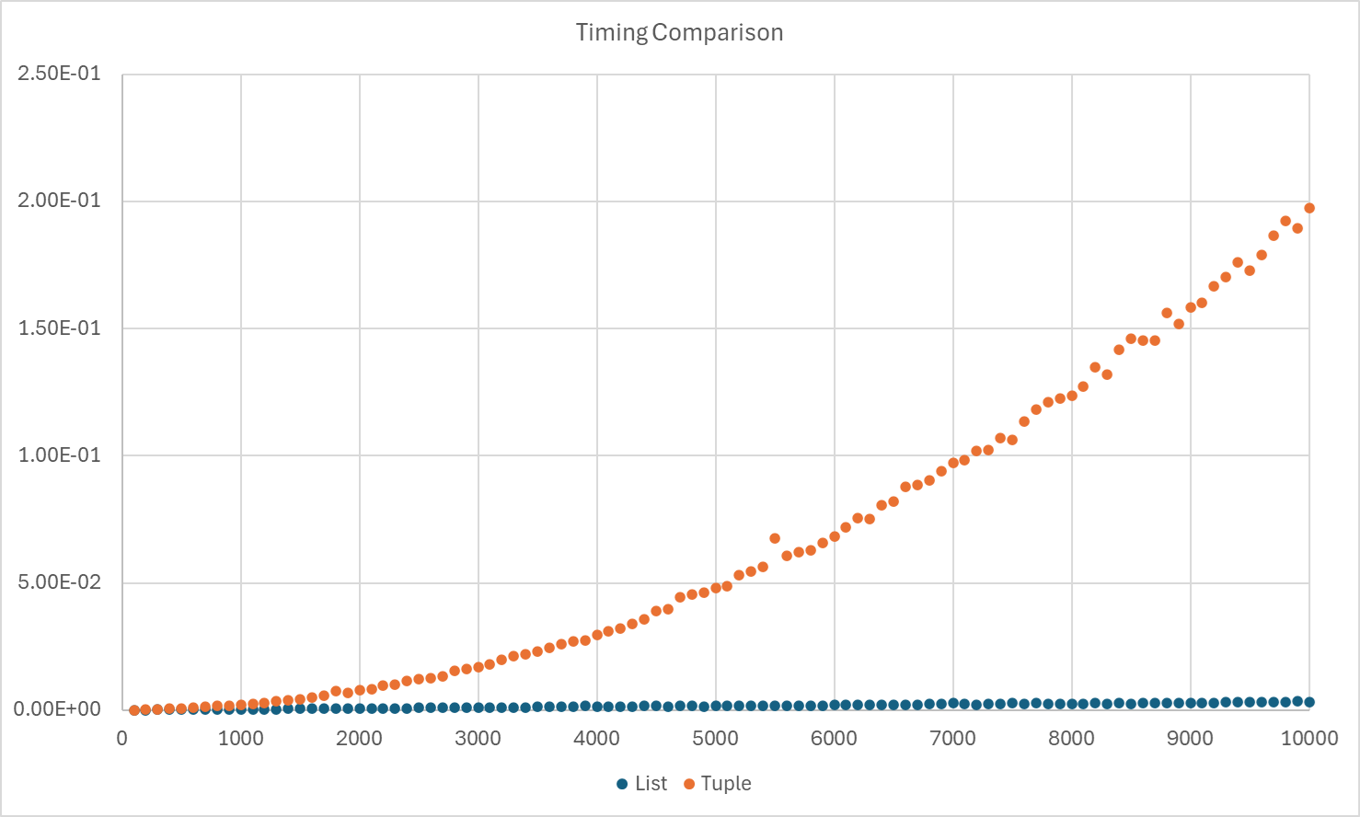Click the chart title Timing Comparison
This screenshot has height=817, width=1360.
679,32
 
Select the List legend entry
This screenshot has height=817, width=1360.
641,784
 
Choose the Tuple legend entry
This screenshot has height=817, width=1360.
717,784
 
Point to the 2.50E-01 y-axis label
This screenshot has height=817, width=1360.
59,74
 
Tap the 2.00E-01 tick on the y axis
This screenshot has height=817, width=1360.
59,201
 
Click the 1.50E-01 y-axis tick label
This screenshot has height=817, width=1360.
59,328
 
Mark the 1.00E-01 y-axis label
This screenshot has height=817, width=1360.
59,455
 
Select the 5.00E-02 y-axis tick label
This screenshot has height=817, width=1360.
59,582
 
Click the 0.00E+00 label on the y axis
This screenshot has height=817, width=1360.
59,709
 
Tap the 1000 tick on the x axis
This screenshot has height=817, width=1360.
240,738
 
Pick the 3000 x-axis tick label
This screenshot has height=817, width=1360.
478,738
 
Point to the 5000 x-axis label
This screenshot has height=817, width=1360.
715,738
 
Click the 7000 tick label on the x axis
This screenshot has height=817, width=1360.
952,738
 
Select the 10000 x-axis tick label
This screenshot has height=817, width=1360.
1308,738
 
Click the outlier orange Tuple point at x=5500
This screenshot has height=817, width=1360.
775,538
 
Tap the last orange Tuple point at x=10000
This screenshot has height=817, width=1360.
1309,208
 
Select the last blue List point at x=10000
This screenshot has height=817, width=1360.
1309,702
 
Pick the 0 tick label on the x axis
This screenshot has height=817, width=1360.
122,738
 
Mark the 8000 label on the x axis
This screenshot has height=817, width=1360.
1071,738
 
